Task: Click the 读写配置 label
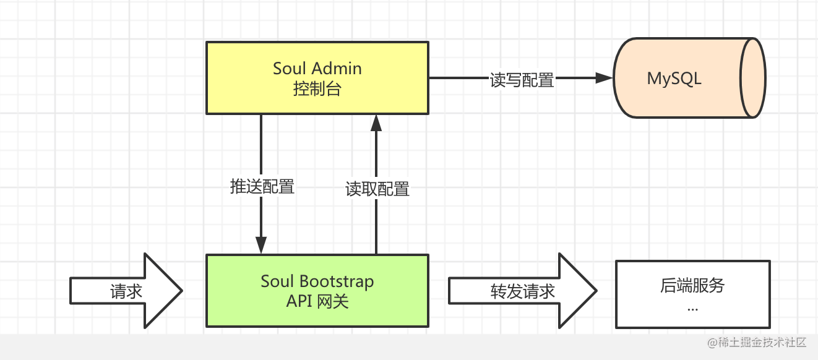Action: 522,80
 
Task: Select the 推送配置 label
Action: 262,186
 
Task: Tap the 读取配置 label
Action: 377,189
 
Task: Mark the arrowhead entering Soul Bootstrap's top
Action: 261,245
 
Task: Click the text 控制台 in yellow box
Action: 317,88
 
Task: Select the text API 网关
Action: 317,301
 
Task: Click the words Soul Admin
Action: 317,68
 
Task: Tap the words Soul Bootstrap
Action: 317,281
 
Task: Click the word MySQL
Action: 674,79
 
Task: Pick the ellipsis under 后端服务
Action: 692,307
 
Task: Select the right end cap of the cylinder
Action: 753,78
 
